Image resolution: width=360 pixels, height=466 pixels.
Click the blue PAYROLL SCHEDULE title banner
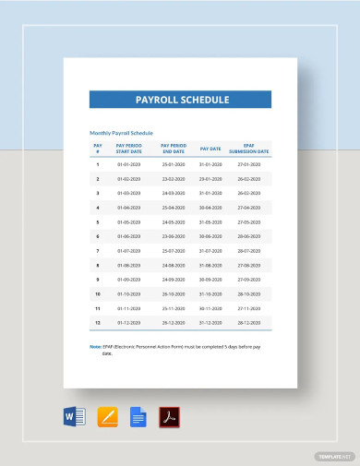point(180,99)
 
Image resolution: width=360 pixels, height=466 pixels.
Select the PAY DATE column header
point(210,148)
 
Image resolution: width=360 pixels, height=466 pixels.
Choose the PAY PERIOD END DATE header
point(173,148)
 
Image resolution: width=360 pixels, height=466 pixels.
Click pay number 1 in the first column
point(98,163)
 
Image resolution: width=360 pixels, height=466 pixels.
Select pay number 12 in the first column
point(98,323)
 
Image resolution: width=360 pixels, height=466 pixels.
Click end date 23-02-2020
point(173,178)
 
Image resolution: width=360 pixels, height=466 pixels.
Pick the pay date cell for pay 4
point(210,208)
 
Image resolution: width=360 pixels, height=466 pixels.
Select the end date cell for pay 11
point(173,309)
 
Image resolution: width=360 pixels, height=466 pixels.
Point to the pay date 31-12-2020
point(210,323)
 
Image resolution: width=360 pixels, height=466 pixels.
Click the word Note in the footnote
point(95,346)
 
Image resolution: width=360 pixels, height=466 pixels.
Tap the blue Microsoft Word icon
point(76,416)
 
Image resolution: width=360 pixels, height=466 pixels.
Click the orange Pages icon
point(107,416)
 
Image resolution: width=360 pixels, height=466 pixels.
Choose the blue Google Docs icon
point(138,416)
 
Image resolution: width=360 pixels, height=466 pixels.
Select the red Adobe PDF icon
point(170,416)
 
